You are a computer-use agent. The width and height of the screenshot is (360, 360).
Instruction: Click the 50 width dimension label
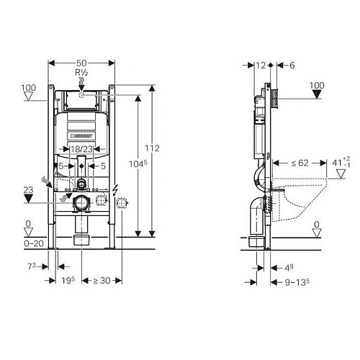(81, 63)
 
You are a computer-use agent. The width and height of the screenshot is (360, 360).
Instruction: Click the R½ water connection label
(81, 72)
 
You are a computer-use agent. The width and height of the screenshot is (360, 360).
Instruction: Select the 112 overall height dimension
(152, 148)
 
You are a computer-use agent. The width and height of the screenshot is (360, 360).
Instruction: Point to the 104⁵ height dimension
(138, 164)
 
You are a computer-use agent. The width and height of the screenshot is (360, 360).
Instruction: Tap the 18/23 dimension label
(81, 149)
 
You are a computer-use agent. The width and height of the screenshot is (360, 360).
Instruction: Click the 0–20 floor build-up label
(34, 243)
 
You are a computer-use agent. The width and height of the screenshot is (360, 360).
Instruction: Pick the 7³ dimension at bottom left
(32, 266)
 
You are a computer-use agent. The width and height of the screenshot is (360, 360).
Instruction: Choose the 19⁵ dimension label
(68, 280)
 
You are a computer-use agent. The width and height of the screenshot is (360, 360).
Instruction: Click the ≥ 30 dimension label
(102, 280)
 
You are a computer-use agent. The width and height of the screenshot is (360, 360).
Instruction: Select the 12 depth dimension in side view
(261, 66)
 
